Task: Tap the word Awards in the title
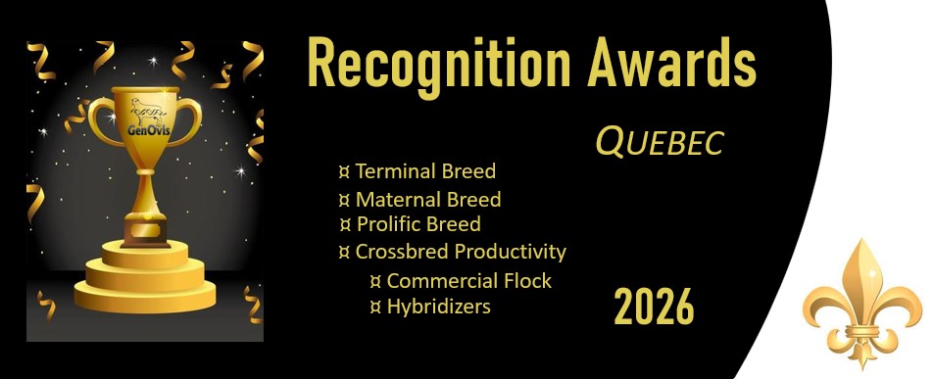(672, 62)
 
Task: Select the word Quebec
(660, 143)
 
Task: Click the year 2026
(654, 306)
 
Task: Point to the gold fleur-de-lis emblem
(861, 304)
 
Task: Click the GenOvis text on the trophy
(145, 129)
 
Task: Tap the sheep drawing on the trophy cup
(147, 111)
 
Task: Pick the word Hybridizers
(438, 307)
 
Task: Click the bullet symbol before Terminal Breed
(344, 172)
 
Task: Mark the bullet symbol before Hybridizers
(375, 307)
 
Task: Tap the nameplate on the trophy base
(145, 228)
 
